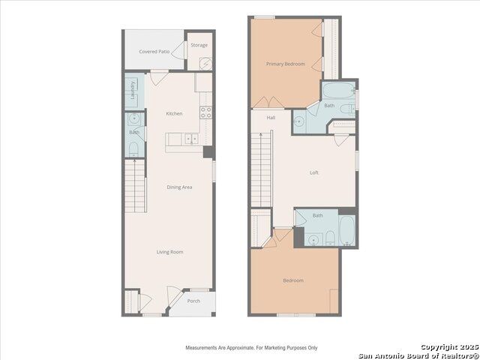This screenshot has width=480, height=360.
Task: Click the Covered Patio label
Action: (x=154, y=52)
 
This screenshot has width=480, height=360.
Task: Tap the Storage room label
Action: (x=199, y=45)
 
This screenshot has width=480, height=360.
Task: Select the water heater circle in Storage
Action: (x=205, y=63)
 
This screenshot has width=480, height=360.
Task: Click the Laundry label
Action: (x=133, y=90)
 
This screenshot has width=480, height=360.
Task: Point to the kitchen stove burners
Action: (x=205, y=112)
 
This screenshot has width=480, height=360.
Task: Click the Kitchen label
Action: (x=174, y=113)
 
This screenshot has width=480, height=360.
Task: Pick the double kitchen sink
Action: (x=191, y=139)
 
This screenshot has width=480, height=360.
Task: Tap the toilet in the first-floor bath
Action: (x=133, y=149)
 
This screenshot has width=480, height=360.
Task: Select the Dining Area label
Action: (x=179, y=187)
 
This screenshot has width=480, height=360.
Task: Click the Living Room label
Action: (x=170, y=252)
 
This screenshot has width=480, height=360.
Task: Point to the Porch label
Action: (x=193, y=301)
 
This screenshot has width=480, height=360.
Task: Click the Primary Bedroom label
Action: (x=285, y=64)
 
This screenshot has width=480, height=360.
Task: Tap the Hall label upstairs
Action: (x=271, y=118)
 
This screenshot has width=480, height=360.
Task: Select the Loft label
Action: (x=314, y=172)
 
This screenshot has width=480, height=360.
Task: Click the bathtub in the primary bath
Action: (x=338, y=90)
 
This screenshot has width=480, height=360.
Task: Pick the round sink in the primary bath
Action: (x=298, y=121)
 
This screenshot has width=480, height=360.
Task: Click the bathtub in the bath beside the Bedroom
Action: (x=347, y=230)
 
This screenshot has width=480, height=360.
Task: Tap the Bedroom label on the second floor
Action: (x=293, y=280)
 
